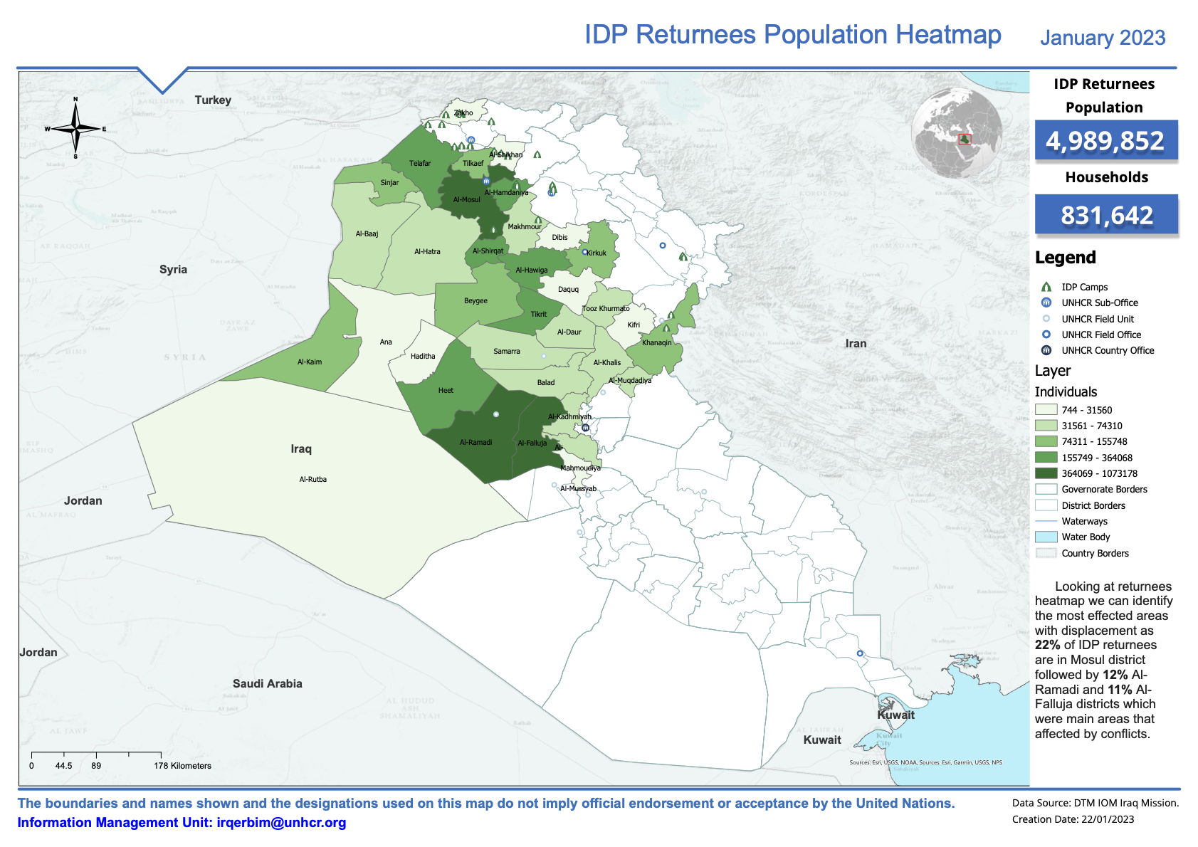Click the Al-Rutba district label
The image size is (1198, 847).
click(313, 480)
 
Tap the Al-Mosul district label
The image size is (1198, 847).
click(466, 200)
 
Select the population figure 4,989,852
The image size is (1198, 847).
click(1105, 141)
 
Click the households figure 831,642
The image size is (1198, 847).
click(1106, 215)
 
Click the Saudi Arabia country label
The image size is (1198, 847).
click(267, 684)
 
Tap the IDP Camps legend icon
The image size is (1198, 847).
click(1046, 288)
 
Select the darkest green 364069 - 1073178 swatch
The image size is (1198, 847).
click(1046, 473)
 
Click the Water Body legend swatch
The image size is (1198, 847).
click(1046, 537)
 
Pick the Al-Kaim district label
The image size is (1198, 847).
click(310, 362)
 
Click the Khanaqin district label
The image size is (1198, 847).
click(656, 343)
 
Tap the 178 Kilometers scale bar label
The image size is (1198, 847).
click(182, 766)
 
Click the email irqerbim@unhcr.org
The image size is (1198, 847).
click(281, 823)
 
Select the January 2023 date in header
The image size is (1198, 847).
click(1102, 38)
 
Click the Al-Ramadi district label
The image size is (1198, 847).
click(475, 443)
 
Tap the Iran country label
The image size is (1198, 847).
click(856, 344)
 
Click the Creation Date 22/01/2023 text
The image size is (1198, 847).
click(1073, 819)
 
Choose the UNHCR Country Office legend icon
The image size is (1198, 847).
click(1046, 350)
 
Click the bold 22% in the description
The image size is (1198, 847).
click(1047, 646)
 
